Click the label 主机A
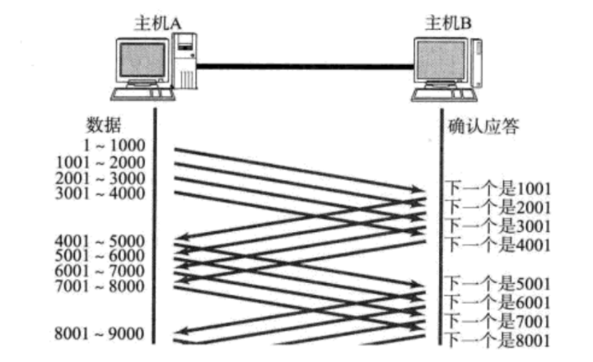(157, 22)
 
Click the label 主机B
(449, 22)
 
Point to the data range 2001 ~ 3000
(100, 178)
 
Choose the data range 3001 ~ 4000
(100, 194)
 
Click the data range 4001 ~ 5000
(100, 241)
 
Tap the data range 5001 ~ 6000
(100, 256)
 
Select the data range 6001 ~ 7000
(100, 271)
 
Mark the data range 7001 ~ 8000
(100, 285)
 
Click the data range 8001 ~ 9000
(100, 333)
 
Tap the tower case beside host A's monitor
(187, 62)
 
